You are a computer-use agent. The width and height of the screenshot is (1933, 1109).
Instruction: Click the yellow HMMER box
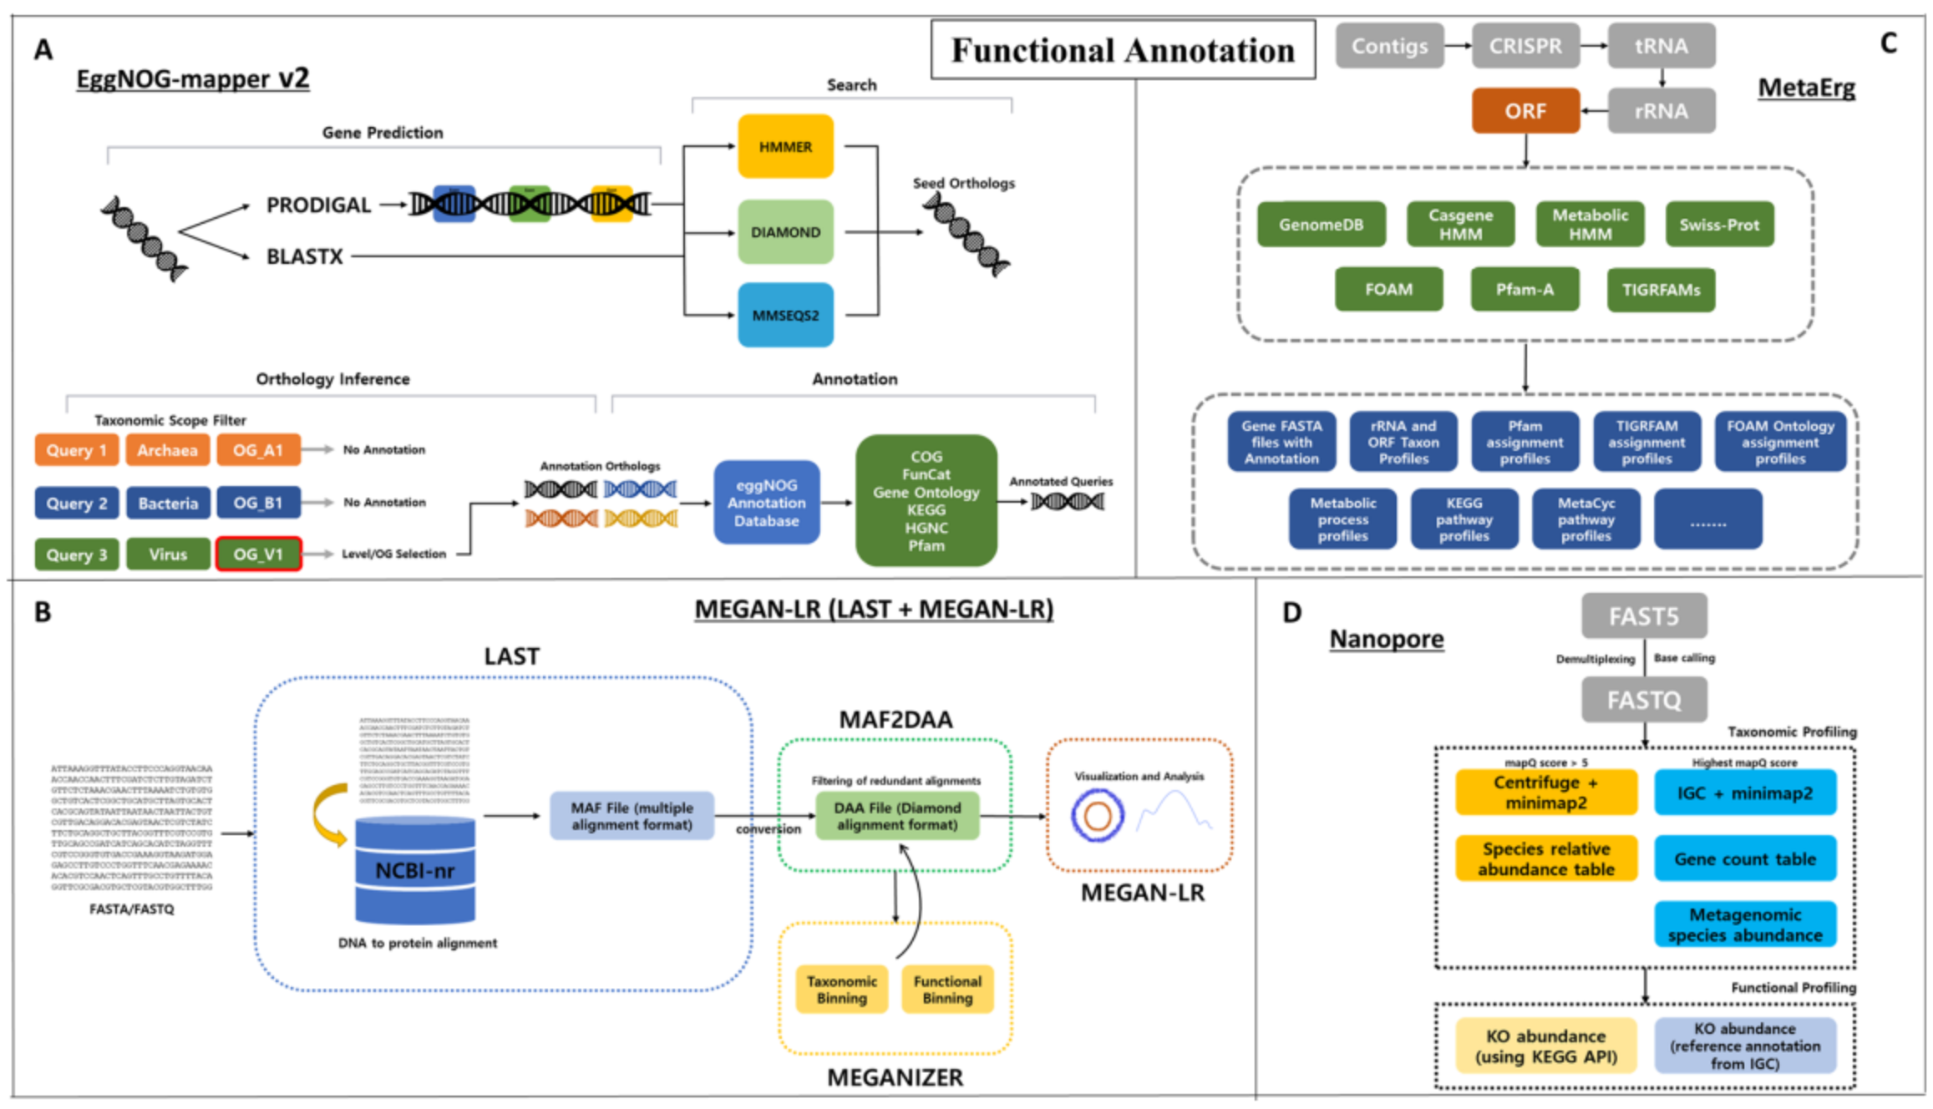click(x=785, y=146)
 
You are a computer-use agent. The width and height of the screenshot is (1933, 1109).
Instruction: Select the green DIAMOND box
click(x=785, y=232)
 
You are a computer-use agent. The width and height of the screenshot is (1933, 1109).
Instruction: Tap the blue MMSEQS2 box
click(x=785, y=315)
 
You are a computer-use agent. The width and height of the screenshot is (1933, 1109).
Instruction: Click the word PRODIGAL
click(x=318, y=205)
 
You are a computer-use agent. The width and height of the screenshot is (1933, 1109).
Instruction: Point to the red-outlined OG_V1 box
click(x=258, y=554)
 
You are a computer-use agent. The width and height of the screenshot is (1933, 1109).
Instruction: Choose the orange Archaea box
click(x=168, y=450)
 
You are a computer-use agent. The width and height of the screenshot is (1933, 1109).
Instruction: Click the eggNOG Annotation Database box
click(x=766, y=503)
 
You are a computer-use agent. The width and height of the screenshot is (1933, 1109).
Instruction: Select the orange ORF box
click(x=1525, y=111)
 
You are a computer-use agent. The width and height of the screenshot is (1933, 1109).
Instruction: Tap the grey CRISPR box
click(x=1525, y=46)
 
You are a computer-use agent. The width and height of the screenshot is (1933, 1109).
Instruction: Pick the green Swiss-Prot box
click(x=1719, y=225)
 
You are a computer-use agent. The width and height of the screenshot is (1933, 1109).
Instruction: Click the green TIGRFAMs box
click(x=1661, y=290)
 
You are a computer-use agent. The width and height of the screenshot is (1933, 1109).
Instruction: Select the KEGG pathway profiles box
click(x=1464, y=519)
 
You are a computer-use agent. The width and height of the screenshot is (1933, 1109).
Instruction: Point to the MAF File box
click(x=632, y=816)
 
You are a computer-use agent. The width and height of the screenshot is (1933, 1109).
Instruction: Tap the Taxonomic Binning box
click(x=841, y=990)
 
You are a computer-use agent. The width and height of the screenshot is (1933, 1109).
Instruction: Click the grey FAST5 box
click(x=1643, y=616)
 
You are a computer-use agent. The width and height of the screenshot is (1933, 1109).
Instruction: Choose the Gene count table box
click(x=1745, y=858)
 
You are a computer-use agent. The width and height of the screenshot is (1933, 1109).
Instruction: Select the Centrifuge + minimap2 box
click(x=1545, y=793)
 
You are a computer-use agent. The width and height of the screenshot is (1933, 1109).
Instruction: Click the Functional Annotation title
click(x=1123, y=50)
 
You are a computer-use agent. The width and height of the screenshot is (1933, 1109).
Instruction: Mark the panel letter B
click(x=43, y=612)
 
